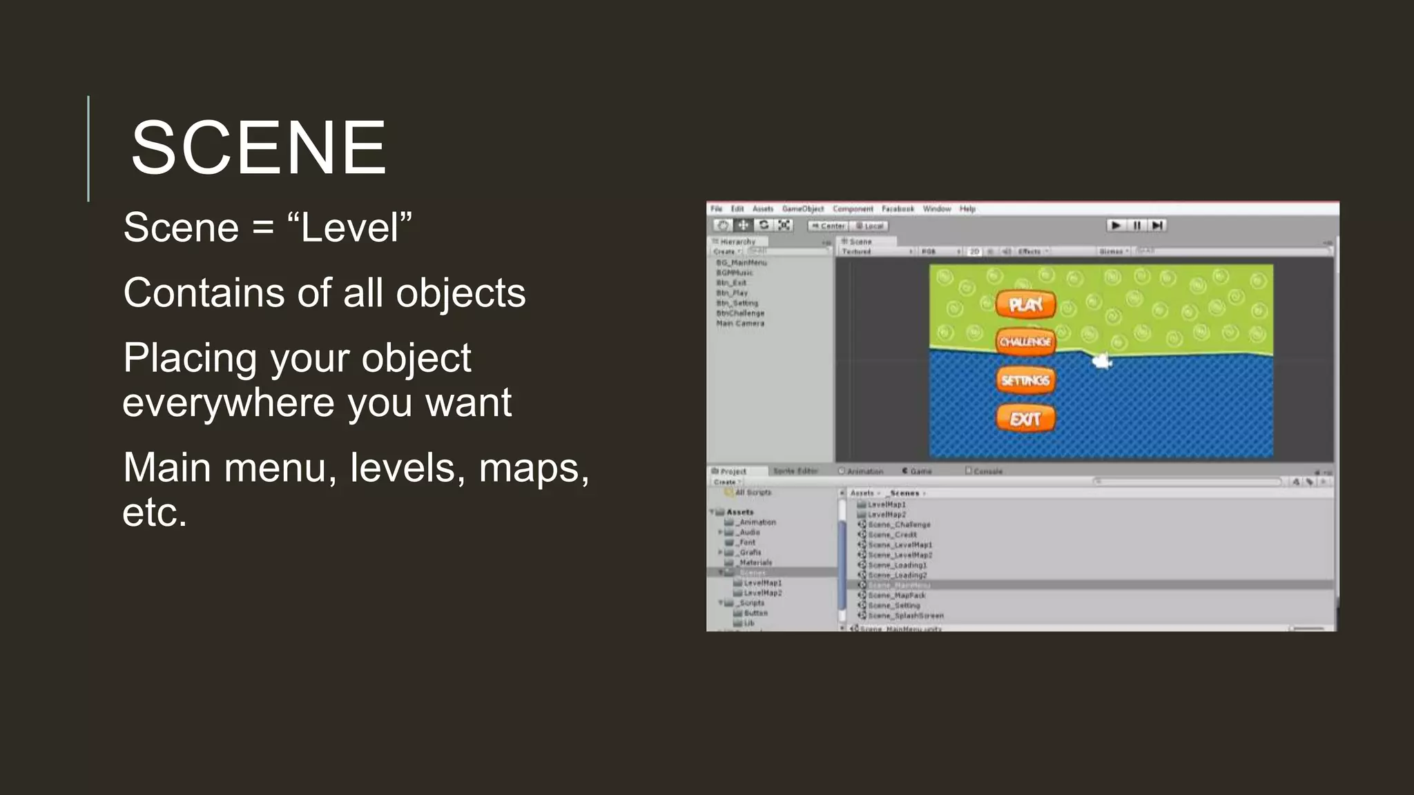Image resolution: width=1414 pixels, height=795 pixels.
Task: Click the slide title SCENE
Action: [258, 148]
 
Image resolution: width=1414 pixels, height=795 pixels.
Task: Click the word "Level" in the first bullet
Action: [350, 228]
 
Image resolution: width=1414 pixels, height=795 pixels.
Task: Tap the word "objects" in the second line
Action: [461, 293]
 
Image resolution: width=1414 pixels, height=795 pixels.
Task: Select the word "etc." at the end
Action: [155, 512]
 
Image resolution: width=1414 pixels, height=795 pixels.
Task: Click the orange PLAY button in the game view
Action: [1025, 304]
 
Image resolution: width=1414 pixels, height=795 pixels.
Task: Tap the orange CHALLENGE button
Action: [1025, 342]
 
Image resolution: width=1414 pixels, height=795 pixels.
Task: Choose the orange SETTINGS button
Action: [1025, 380]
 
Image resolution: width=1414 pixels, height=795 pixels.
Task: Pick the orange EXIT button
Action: [1025, 419]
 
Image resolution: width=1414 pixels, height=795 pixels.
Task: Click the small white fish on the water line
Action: [1101, 360]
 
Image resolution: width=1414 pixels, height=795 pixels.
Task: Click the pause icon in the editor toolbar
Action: [1136, 226]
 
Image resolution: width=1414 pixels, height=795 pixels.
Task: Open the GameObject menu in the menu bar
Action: [803, 209]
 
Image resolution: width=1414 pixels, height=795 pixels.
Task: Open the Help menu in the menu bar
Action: [967, 209]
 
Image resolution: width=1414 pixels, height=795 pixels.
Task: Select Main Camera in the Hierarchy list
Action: [740, 324]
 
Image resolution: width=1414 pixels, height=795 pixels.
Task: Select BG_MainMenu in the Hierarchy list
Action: [742, 263]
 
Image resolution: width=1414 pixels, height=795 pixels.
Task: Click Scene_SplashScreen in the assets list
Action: [906, 616]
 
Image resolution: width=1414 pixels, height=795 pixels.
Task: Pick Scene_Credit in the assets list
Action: [892, 535]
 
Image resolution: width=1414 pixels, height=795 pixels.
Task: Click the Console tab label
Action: [988, 471]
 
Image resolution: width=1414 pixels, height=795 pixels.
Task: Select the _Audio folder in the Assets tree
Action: [748, 533]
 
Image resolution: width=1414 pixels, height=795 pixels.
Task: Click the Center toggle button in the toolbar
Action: [829, 226]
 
